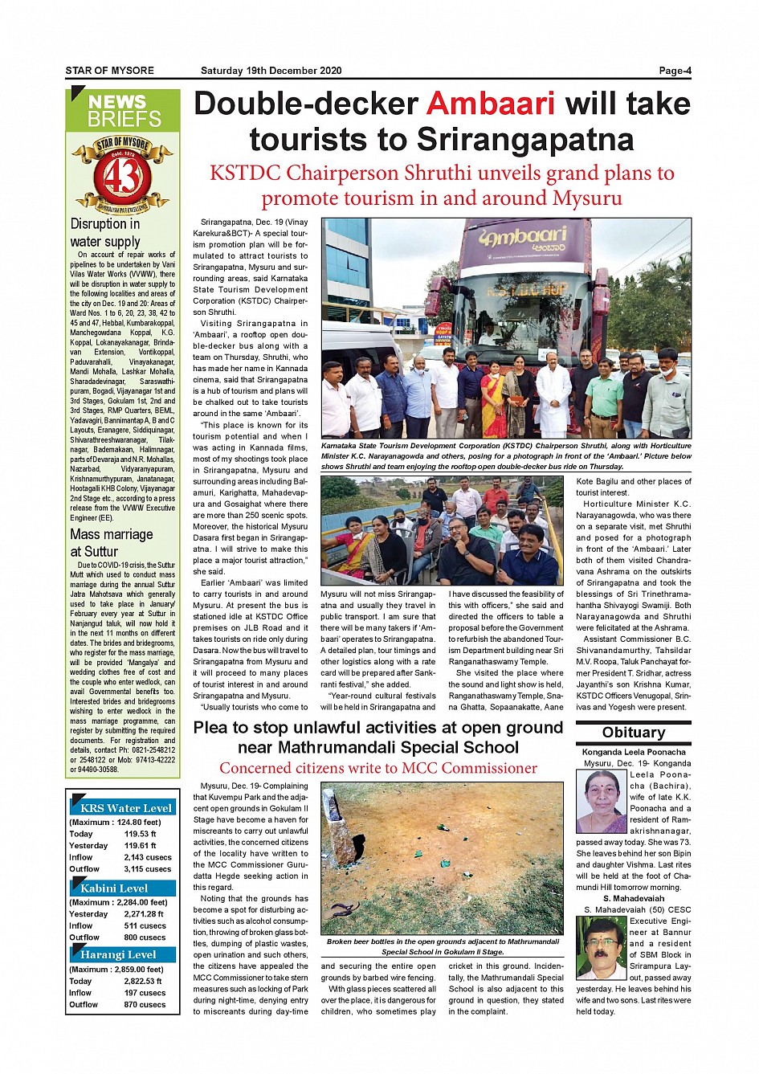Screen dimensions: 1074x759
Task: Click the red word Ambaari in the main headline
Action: (491, 104)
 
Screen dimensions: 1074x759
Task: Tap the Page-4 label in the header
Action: (675, 71)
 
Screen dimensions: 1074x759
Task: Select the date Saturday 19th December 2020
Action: (271, 71)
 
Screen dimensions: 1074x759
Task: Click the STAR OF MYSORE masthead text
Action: (110, 71)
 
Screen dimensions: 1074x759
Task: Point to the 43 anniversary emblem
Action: (122, 174)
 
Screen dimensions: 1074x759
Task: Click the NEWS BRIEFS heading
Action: (124, 111)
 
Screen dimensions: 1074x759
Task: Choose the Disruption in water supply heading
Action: (105, 233)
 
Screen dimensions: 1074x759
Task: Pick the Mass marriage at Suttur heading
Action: (111, 543)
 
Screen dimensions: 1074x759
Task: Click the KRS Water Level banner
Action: (125, 808)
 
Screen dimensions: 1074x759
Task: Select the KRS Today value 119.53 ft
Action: (141, 834)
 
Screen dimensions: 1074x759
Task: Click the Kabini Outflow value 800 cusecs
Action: (145, 937)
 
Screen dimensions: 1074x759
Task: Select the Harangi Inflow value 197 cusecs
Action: (145, 993)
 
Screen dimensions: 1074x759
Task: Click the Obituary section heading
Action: (634, 733)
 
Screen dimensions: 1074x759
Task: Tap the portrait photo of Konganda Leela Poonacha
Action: (602, 801)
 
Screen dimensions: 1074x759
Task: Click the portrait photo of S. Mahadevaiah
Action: (601, 948)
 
